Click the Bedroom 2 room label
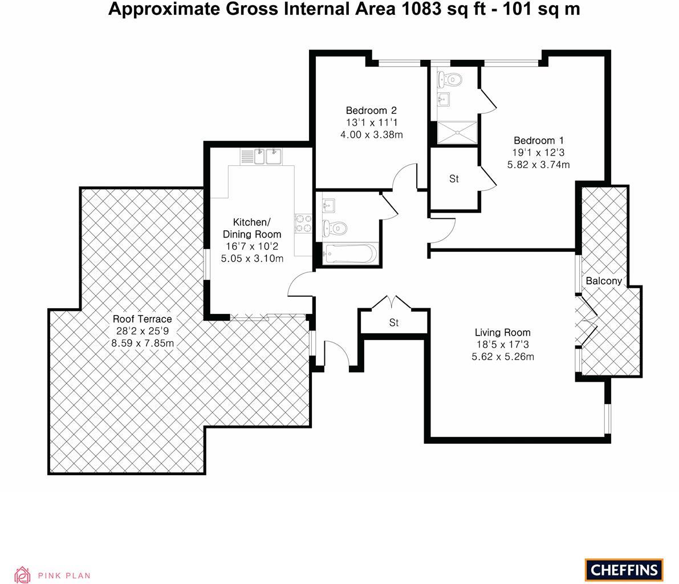(371, 111)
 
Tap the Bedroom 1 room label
(538, 141)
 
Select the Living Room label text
(502, 333)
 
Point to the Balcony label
(604, 281)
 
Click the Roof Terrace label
(142, 319)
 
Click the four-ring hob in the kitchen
(303, 223)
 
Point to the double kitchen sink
(267, 156)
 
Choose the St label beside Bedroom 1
(454, 179)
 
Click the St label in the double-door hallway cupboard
(393, 323)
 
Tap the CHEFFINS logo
(624, 569)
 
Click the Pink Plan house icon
(22, 574)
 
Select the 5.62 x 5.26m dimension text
(502, 357)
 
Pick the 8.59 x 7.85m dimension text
(142, 343)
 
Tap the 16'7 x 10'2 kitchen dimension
(251, 246)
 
